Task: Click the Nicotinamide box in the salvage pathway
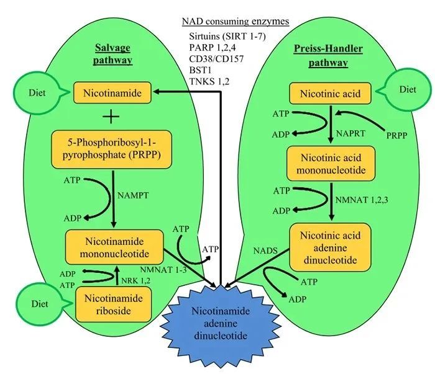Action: (114, 94)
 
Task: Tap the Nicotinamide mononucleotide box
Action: (114, 246)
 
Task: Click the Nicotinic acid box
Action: (329, 94)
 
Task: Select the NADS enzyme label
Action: (265, 252)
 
